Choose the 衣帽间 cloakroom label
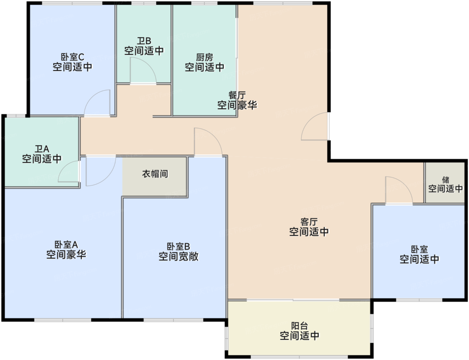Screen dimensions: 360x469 pyautogui.click(x=155, y=174)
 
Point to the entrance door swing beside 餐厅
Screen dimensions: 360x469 pyautogui.click(x=315, y=127)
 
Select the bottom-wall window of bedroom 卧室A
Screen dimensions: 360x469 pyautogui.click(x=63, y=320)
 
